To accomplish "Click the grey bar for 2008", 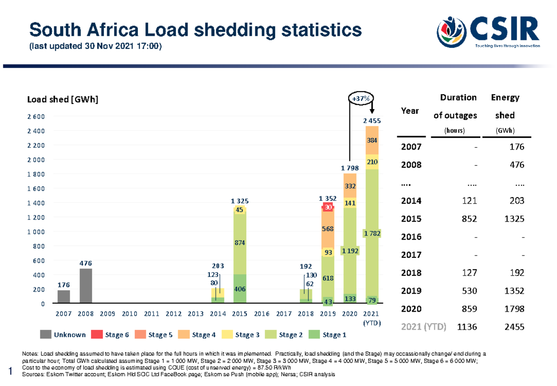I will coord(85,286).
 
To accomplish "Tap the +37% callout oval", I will coord(361,99).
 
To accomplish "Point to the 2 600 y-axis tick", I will coord(37,117).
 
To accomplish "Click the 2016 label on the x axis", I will coord(262,314).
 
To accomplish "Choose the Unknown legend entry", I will coord(63,334).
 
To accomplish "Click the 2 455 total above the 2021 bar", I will coord(372,121).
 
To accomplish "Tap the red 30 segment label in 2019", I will coord(328,208).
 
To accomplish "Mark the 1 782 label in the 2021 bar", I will coord(372,234).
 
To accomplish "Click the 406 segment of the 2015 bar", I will coord(240,288).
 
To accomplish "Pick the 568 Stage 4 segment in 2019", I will coord(328,229).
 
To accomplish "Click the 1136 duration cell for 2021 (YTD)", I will coord(468,327).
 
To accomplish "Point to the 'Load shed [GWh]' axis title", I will coord(63,100).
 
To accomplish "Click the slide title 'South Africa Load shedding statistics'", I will coord(195,30).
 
